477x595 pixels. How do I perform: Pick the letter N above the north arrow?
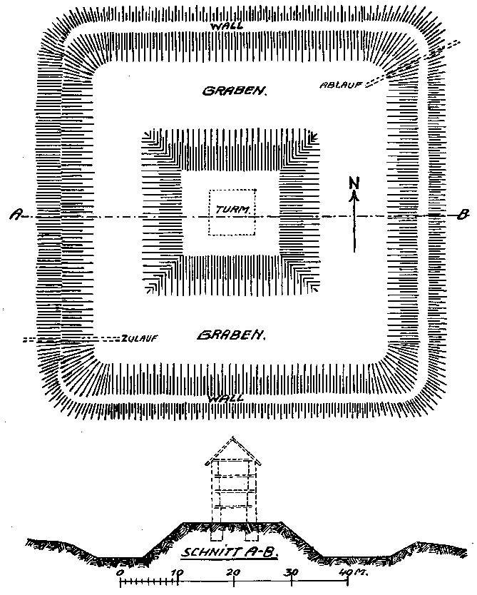[354, 183]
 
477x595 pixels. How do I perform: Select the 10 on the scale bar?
[178, 572]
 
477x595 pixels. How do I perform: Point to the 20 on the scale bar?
[233, 572]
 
